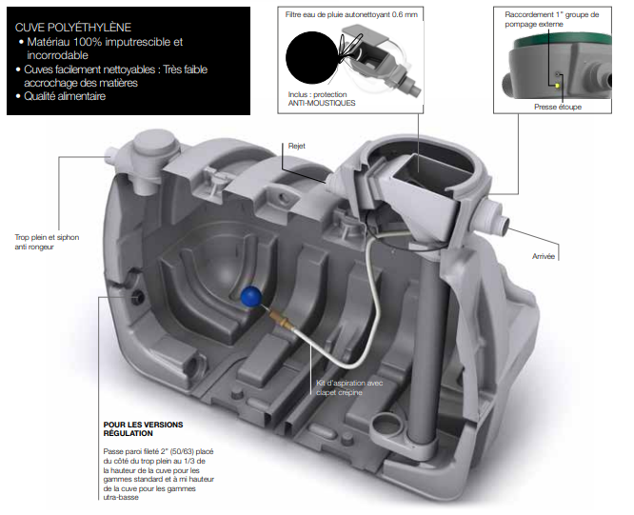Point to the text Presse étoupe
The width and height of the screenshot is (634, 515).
tap(557, 108)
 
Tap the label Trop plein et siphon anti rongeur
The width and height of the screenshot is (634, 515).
tap(34, 242)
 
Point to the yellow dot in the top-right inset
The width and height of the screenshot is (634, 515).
tap(560, 84)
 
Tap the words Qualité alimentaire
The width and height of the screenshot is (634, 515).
tap(66, 96)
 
